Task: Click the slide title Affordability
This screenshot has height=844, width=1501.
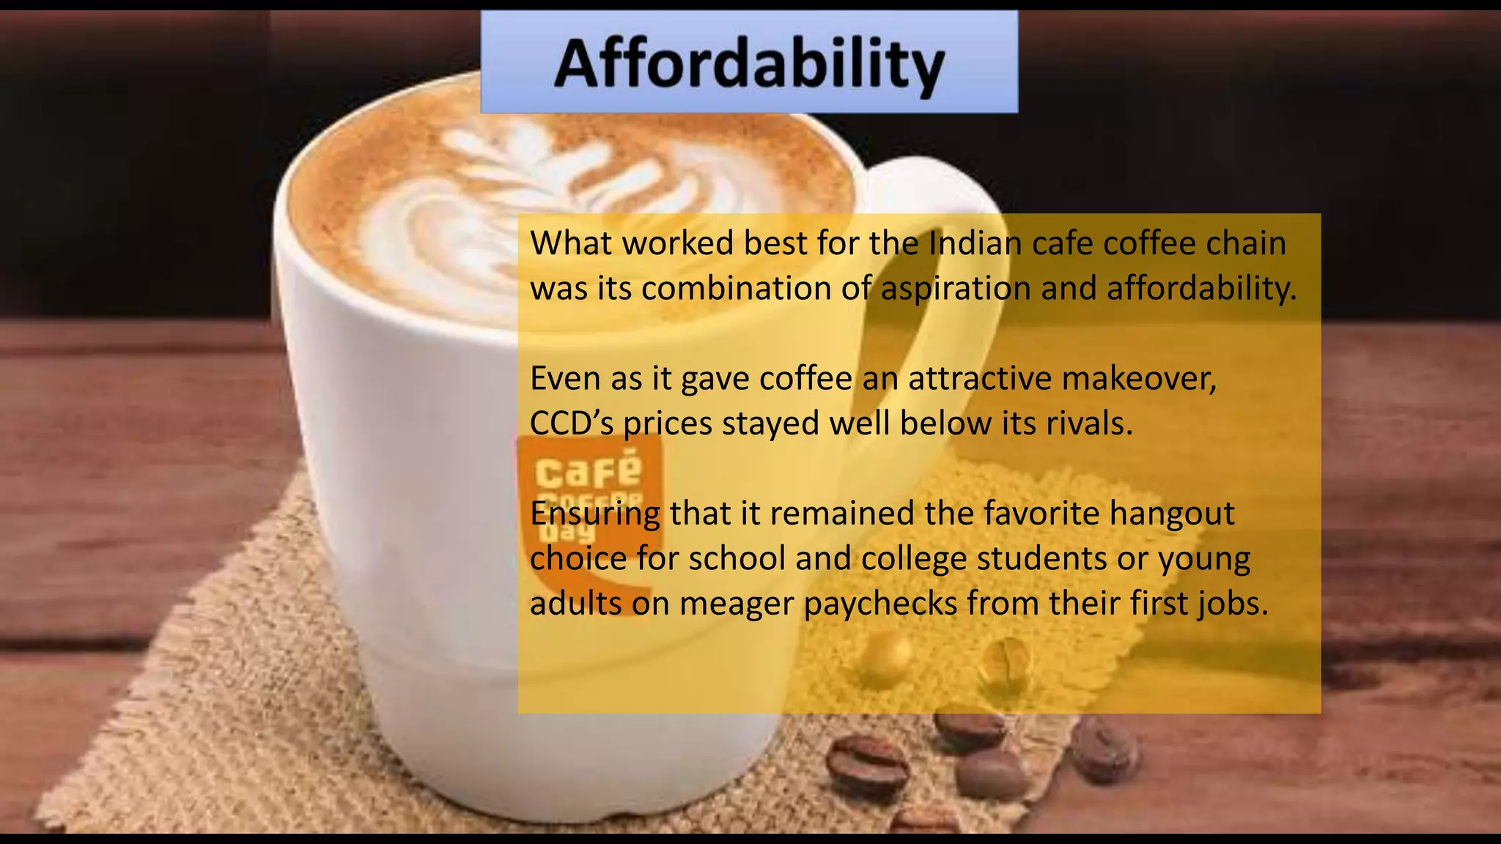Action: coord(749,64)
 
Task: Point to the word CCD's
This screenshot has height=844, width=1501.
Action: coord(572,423)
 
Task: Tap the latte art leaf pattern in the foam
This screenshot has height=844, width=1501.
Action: coord(513,198)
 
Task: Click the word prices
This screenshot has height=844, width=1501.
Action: coord(668,423)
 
